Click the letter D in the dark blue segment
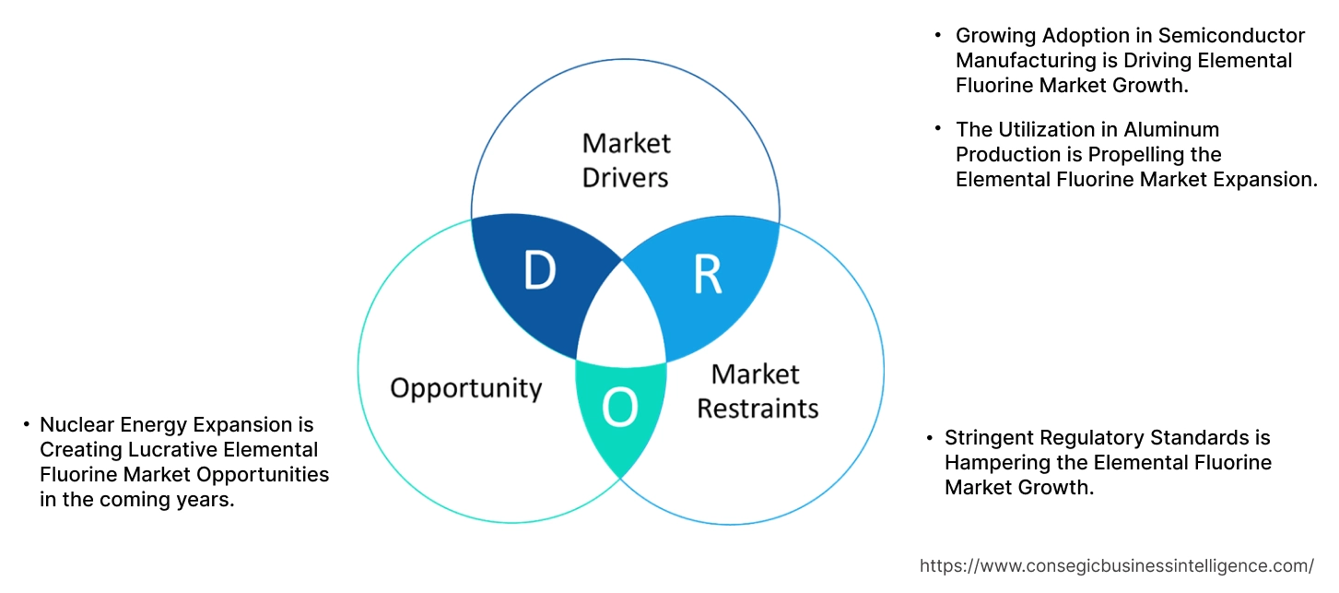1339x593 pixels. click(539, 270)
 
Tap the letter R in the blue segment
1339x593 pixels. click(707, 274)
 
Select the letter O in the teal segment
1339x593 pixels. click(619, 409)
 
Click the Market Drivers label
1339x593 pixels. click(627, 160)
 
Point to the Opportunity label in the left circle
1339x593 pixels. click(465, 387)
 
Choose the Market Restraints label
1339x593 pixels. click(757, 390)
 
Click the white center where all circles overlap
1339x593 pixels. click(621, 318)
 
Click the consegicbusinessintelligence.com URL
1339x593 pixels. click(1117, 565)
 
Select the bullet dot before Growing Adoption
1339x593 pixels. click(938, 36)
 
